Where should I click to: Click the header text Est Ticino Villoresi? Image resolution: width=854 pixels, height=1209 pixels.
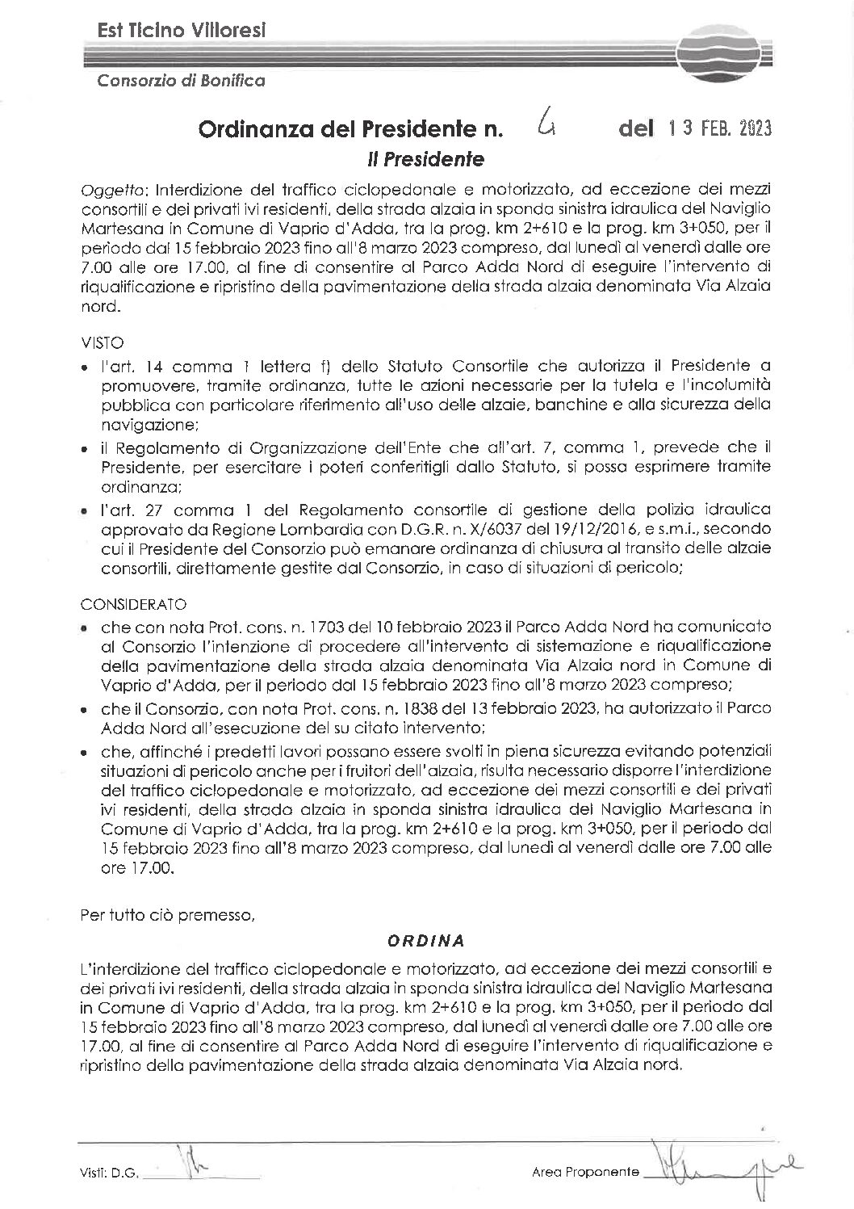click(181, 31)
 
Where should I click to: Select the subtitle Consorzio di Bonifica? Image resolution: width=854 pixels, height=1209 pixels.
click(181, 80)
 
